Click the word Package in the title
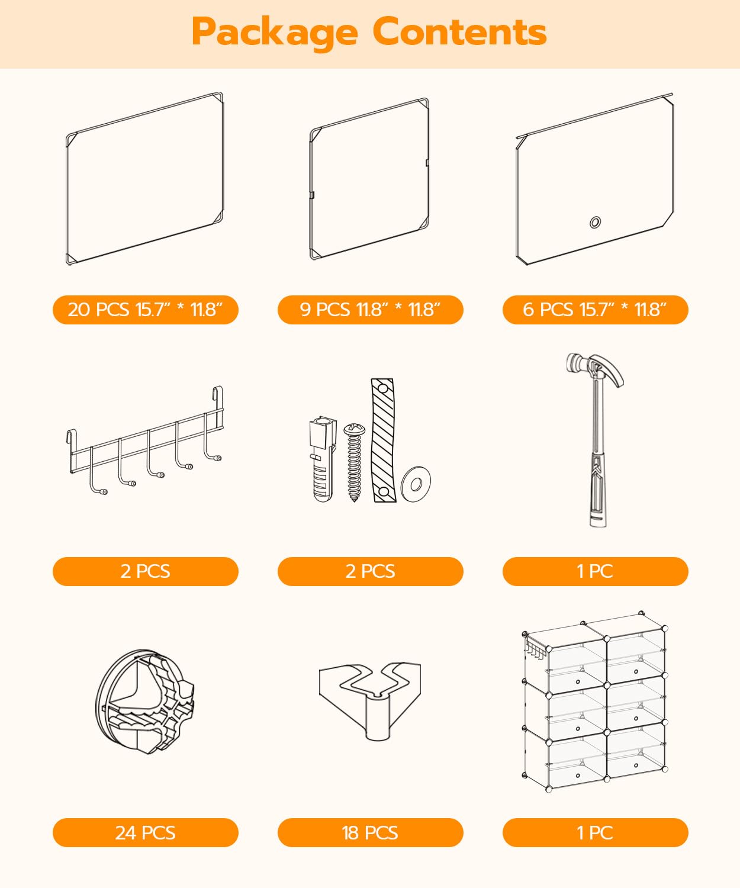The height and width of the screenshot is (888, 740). tap(275, 33)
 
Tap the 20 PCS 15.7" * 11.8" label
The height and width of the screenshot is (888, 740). tap(146, 310)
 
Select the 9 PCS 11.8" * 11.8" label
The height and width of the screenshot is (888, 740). tap(371, 310)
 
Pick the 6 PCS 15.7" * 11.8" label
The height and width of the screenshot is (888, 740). tap(596, 310)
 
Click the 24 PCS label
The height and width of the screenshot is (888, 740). tap(146, 833)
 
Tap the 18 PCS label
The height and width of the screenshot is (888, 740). tap(371, 833)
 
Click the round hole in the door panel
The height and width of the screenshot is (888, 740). tap(596, 222)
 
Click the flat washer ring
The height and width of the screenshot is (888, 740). tap(416, 484)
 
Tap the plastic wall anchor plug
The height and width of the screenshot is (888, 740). tap(323, 459)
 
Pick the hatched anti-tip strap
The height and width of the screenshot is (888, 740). tap(383, 440)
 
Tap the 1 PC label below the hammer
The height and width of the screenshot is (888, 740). tap(596, 571)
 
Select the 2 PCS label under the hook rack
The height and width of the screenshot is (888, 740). tap(146, 571)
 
